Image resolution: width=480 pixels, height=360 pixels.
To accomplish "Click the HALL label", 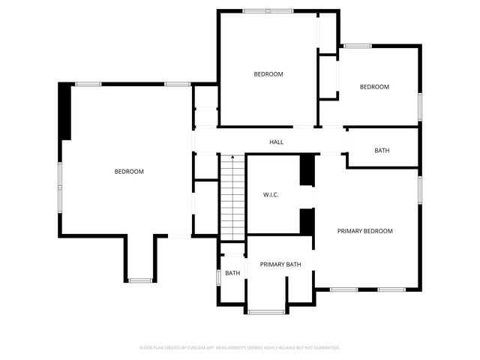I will click(276, 142).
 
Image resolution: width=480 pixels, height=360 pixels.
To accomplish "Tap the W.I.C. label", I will click(271, 195).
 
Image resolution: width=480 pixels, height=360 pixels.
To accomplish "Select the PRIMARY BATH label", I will click(280, 264).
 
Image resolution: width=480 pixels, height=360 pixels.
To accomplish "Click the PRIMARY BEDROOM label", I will click(364, 231).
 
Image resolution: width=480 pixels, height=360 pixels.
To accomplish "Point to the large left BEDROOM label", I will click(129, 172).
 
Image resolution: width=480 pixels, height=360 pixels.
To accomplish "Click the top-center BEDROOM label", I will click(268, 73).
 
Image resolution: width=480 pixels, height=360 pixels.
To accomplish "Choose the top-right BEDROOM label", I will click(374, 87).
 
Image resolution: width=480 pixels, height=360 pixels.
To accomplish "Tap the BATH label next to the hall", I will click(382, 151).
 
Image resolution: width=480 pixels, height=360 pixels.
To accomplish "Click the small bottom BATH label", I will click(232, 273).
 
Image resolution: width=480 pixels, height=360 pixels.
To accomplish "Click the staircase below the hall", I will click(232, 199).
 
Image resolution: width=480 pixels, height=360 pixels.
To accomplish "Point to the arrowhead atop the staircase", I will click(232, 157).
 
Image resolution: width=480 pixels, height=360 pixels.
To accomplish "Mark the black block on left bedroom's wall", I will click(65, 111).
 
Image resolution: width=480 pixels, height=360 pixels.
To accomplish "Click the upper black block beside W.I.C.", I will click(306, 169).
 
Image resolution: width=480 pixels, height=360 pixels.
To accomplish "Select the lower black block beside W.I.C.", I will click(306, 221).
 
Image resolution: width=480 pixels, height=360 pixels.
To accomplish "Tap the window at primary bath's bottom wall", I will click(266, 311).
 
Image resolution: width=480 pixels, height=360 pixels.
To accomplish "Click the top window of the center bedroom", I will click(268, 10).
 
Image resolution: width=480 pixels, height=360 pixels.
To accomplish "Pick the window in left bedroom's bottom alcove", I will click(140, 280).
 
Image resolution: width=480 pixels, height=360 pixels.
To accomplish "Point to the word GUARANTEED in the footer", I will click(325, 348).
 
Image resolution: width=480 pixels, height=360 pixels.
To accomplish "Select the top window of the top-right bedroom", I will click(358, 46).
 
